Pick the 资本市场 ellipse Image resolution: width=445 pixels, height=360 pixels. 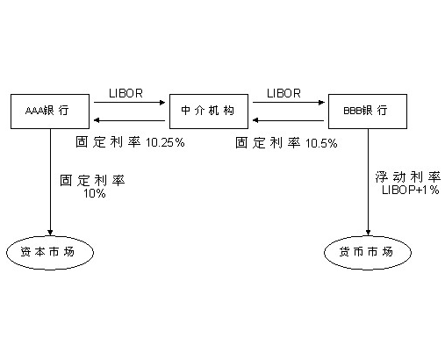49,252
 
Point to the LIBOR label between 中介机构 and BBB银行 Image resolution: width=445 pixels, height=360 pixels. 284,91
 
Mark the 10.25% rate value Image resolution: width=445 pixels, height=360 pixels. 165,142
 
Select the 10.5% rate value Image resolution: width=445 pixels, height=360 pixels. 321,142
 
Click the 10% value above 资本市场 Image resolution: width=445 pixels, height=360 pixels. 94,193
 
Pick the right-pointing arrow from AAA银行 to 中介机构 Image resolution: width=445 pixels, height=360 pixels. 131,104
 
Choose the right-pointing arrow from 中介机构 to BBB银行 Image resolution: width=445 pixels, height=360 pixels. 289,104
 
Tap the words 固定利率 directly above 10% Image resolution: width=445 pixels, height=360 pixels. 92,180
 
